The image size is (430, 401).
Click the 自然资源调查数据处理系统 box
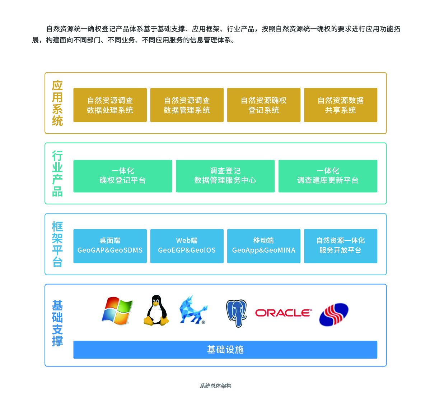[x=110, y=105]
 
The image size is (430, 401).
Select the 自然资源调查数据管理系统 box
[x=187, y=105]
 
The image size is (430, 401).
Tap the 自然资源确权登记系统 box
[x=263, y=105]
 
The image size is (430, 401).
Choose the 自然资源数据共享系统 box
[x=340, y=105]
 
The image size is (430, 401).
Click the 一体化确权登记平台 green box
[x=122, y=176]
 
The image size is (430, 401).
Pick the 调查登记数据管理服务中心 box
[x=225, y=176]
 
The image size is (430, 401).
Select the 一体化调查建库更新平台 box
[x=328, y=176]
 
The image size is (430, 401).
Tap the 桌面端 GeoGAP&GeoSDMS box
[x=110, y=246]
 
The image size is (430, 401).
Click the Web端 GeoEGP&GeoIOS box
[x=187, y=246]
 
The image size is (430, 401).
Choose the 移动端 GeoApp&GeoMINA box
[x=263, y=246]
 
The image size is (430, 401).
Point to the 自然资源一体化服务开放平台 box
[x=340, y=246]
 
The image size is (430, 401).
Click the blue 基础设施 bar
[x=225, y=350]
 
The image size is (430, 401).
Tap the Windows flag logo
[x=117, y=311]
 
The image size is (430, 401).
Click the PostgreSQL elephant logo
[x=236, y=313]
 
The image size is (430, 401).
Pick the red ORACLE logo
[x=283, y=313]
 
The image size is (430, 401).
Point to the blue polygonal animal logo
[x=193, y=310]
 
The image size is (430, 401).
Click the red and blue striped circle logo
[x=334, y=314]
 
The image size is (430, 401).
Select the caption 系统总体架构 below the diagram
[x=215, y=386]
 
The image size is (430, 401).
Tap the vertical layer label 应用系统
[x=57, y=103]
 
